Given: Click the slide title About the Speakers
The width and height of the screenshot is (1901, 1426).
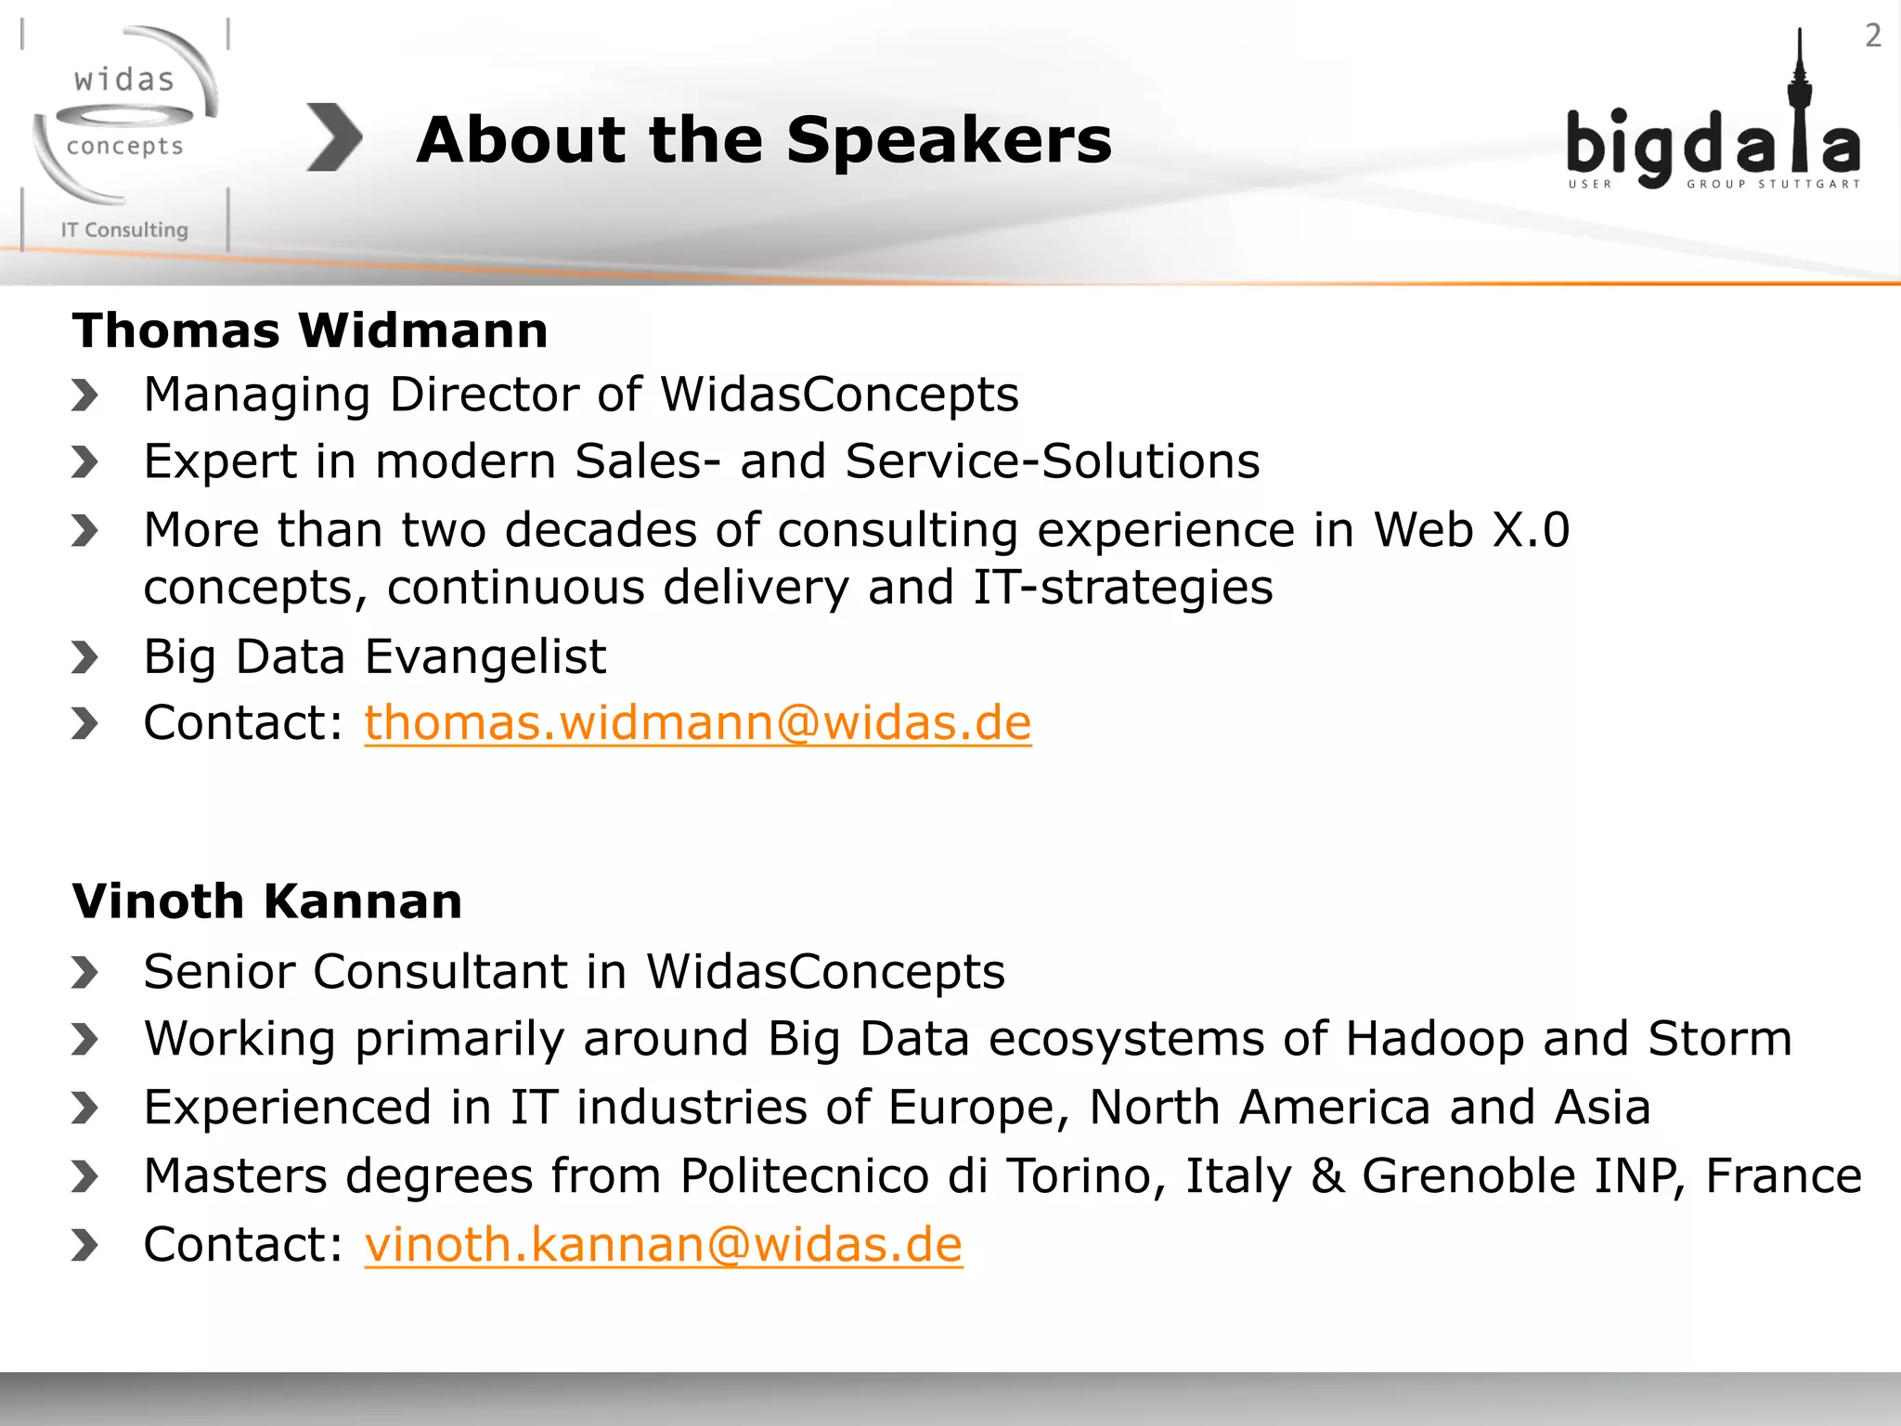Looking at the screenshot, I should pos(763,140).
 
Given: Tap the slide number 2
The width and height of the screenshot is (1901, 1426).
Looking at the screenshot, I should pos(1872,36).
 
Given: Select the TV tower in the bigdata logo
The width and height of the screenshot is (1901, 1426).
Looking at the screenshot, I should pos(1799,102).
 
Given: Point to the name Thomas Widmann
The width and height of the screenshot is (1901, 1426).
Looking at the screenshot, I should pos(310,331).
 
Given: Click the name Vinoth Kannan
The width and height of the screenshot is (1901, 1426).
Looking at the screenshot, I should pos(267,901).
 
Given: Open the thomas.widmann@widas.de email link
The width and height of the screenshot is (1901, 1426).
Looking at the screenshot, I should pos(697,723).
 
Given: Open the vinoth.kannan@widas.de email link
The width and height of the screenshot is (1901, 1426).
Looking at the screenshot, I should pos(663,1245).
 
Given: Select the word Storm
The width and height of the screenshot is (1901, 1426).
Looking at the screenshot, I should pos(1719,1039).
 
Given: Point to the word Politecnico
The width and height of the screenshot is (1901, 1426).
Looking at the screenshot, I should pos(804,1176).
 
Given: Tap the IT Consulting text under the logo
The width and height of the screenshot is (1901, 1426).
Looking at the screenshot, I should pos(124,230).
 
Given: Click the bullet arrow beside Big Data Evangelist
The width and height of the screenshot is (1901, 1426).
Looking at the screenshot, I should pos(84,658).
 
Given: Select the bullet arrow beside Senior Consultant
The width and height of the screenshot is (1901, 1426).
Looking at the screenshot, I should pos(84,973).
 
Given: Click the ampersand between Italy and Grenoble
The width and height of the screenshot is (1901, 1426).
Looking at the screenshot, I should pos(1327,1176).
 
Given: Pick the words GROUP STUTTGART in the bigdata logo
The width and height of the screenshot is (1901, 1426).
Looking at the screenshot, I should pos(1773,185).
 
